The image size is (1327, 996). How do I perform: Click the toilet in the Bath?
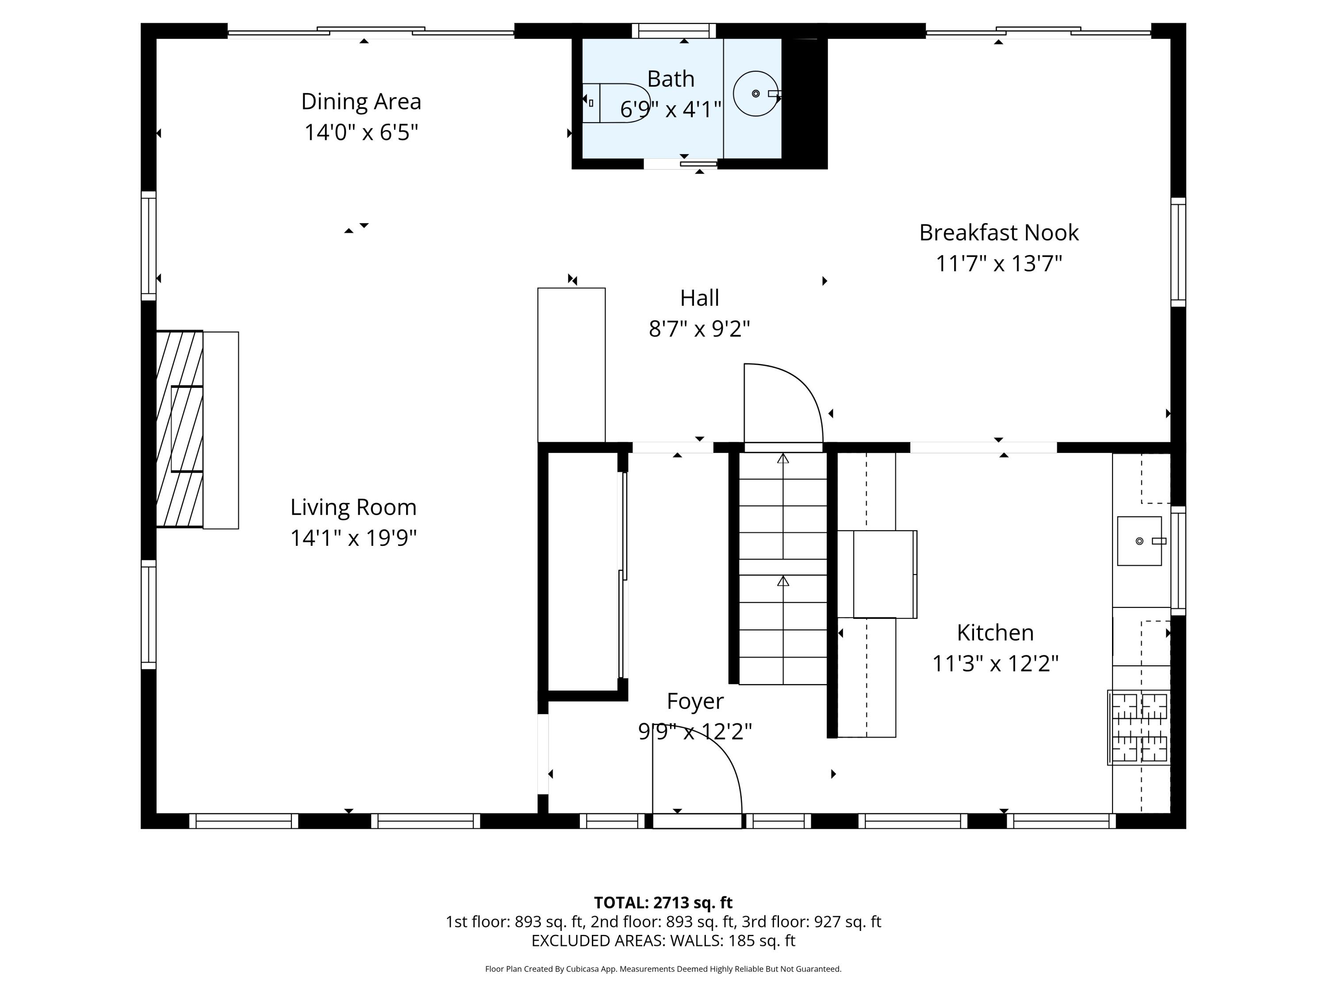[615, 103]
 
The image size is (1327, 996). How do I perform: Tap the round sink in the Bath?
[756, 94]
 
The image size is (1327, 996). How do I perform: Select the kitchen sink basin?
[1139, 541]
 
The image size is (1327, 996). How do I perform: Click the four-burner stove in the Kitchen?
[1139, 727]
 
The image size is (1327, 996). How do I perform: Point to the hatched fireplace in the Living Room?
[179, 429]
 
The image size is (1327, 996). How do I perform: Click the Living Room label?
[353, 507]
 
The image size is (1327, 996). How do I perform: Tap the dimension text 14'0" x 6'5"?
[361, 132]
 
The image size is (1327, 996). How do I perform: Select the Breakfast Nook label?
[998, 233]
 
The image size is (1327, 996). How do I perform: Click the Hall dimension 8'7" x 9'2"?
[699, 329]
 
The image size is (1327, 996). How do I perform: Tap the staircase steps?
[782, 570]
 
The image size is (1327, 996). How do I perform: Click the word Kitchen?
[995, 633]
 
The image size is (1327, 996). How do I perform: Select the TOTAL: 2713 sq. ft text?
[663, 902]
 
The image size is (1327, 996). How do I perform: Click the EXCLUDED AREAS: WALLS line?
[663, 940]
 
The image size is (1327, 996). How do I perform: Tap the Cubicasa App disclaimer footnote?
[663, 969]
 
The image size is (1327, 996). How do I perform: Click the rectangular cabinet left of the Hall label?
[571, 365]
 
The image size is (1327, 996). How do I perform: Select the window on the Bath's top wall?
[674, 30]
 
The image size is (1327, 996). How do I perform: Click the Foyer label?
[695, 701]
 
